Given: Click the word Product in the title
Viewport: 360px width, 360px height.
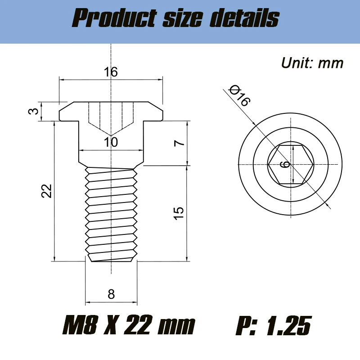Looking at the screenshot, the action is click(x=114, y=18).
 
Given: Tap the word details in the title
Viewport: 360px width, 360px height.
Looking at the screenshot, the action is click(x=244, y=18).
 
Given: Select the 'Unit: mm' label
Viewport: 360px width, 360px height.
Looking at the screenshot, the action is click(x=312, y=63).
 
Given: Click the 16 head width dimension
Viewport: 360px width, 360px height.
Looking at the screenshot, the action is click(x=111, y=72).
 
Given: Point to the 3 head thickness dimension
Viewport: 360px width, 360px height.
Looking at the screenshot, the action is click(x=34, y=111).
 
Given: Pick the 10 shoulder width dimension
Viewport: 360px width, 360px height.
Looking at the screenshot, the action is click(x=111, y=142).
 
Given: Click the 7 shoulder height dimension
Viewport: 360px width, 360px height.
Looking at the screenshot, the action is click(x=179, y=143).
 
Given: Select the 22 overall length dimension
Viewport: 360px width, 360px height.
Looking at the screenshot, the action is click(x=47, y=191).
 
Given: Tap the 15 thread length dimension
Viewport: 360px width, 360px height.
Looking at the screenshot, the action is click(x=179, y=213).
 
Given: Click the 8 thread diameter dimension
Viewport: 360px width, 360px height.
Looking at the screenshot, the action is click(x=111, y=294).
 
